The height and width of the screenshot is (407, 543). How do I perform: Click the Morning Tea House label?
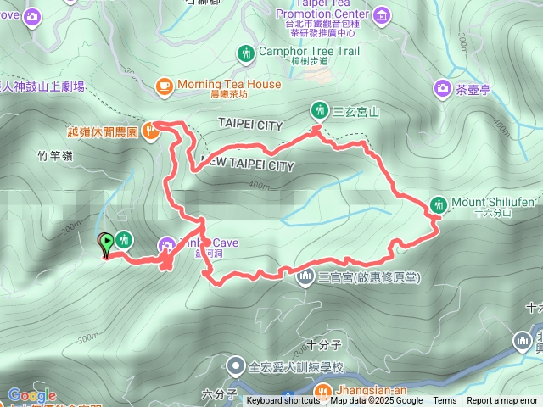[229, 84]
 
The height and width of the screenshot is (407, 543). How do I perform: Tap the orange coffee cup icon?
[165, 84]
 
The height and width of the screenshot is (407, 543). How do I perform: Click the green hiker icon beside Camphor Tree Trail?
[246, 53]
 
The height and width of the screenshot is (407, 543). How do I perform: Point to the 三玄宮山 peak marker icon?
[319, 109]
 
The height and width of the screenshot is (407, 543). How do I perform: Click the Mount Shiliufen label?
[493, 201]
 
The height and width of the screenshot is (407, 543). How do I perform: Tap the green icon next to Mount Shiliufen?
[439, 203]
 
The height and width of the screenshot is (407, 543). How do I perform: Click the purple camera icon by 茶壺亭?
[442, 86]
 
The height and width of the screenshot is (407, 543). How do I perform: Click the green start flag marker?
[106, 244]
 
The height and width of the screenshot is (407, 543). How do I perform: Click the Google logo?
[32, 395]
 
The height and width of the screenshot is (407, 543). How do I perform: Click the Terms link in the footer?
[445, 401]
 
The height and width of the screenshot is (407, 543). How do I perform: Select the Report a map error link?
[502, 401]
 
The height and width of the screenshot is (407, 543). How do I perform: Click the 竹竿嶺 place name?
[55, 156]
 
